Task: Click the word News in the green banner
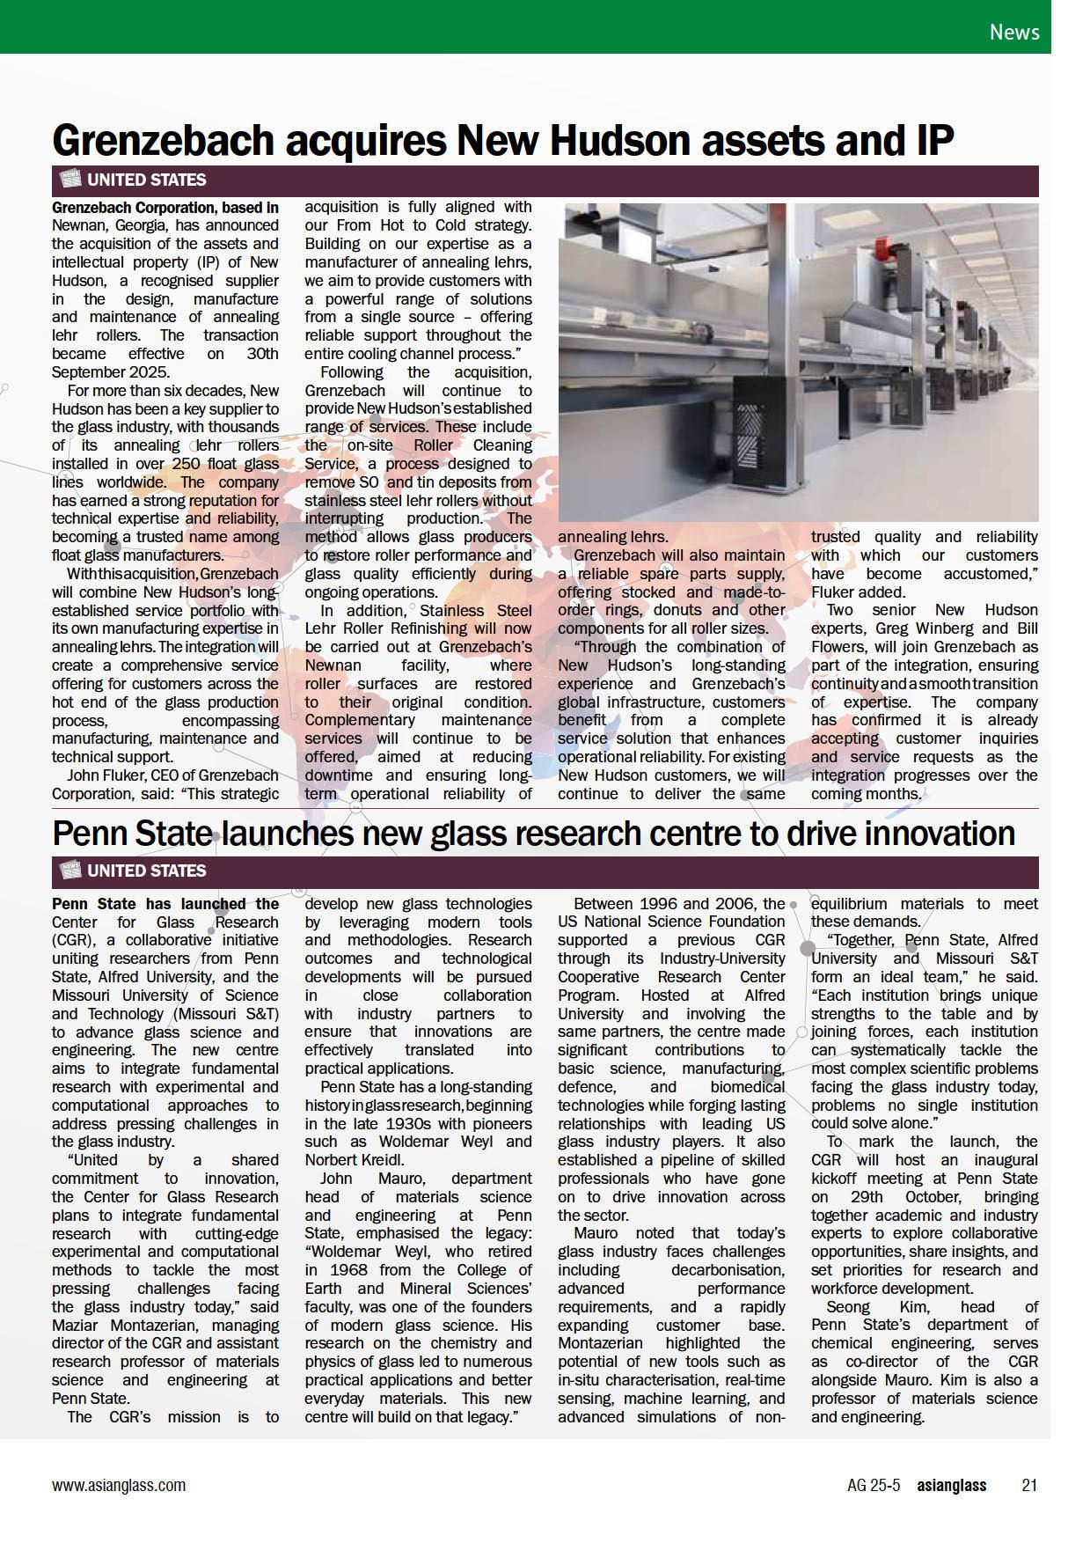1013,33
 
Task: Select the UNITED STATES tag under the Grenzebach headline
146,180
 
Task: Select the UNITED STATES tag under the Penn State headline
146,871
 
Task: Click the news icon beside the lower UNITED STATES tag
69,871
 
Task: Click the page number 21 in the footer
1028,1485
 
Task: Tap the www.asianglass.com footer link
119,1485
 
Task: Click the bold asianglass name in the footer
951,1485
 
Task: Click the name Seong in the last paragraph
847,1307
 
